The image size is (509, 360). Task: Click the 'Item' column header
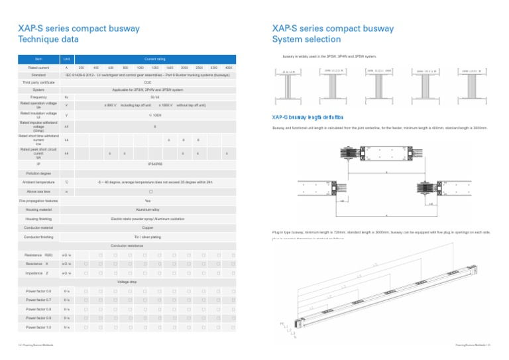click(x=38, y=59)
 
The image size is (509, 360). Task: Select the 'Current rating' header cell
click(x=154, y=59)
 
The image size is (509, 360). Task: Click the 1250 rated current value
click(x=154, y=68)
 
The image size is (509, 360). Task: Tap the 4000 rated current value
click(x=228, y=68)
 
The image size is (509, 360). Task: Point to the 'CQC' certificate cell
click(x=148, y=82)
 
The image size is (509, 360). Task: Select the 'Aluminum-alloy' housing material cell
click(x=148, y=209)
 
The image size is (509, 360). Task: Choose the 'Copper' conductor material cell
click(x=148, y=227)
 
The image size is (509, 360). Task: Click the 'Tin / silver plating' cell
click(x=148, y=236)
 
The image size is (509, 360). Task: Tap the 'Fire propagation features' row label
click(x=38, y=200)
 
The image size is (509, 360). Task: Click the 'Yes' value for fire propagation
click(x=148, y=200)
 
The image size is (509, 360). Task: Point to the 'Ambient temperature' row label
click(x=38, y=181)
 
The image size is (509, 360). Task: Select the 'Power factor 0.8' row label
click(x=38, y=309)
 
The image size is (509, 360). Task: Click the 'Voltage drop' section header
click(x=127, y=282)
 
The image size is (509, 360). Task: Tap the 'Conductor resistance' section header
click(x=127, y=245)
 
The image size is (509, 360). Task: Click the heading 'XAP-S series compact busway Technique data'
click(x=78, y=34)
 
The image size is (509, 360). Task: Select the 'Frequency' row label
click(x=38, y=97)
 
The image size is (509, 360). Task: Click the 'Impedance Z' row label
click(x=38, y=272)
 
